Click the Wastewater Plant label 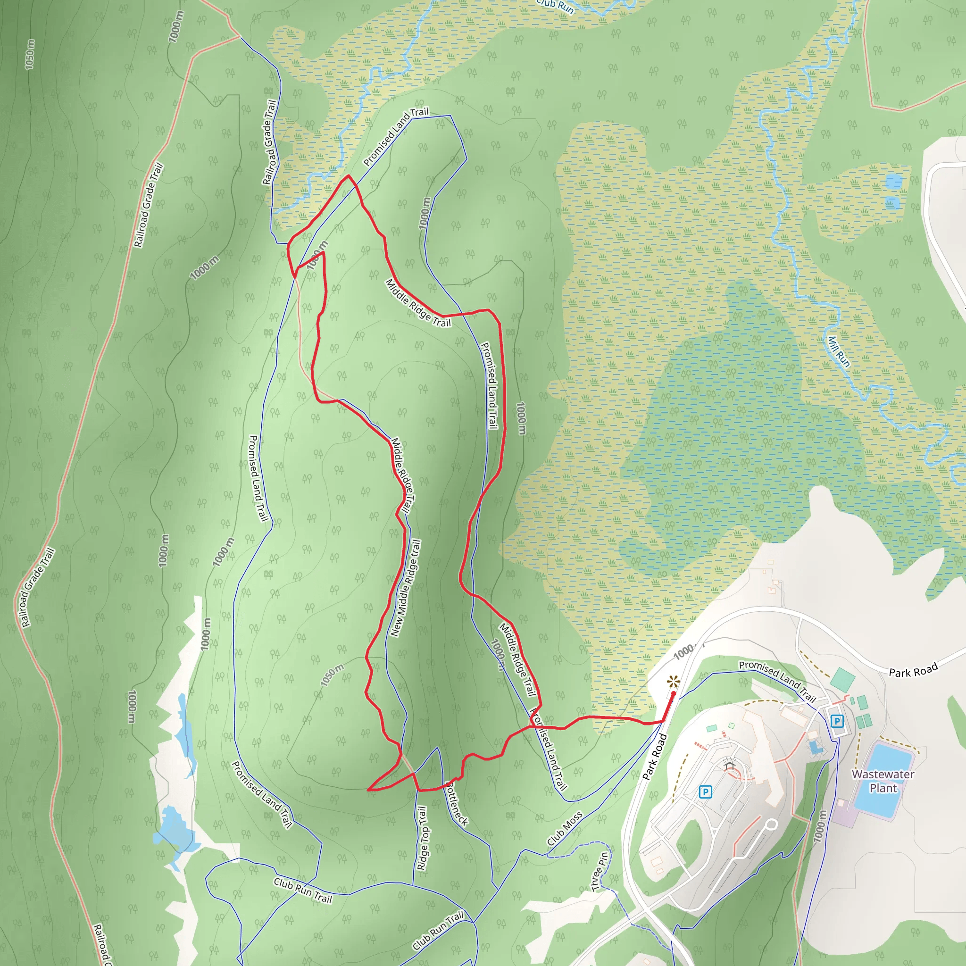pyautogui.click(x=883, y=781)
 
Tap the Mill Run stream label pyautogui.click(x=839, y=351)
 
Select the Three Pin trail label pyautogui.click(x=600, y=872)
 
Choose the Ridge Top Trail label pyautogui.click(x=423, y=839)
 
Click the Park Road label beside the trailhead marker pyautogui.click(x=655, y=757)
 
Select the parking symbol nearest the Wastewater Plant pyautogui.click(x=837, y=722)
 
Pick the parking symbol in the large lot pyautogui.click(x=705, y=792)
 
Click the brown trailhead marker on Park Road pyautogui.click(x=674, y=681)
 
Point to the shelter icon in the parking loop pyautogui.click(x=729, y=765)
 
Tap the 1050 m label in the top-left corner pyautogui.click(x=30, y=55)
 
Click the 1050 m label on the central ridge pyautogui.click(x=333, y=675)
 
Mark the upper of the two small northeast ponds pyautogui.click(x=893, y=181)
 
